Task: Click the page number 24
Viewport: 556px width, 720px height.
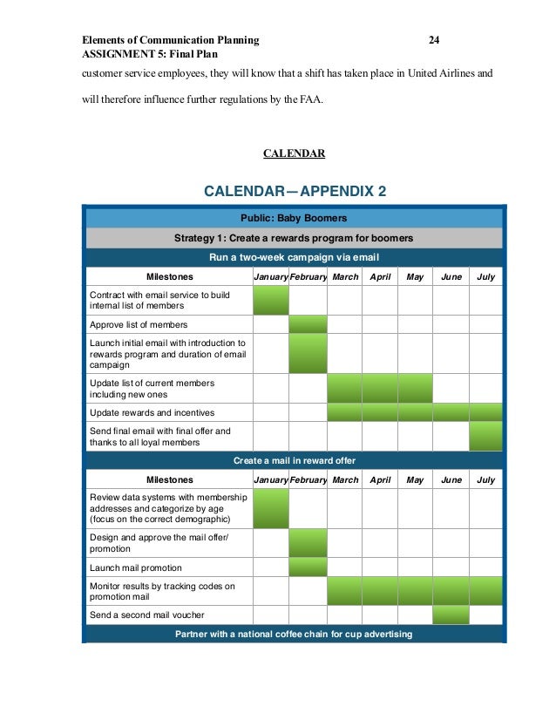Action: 434,40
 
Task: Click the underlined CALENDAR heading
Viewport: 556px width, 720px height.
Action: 295,153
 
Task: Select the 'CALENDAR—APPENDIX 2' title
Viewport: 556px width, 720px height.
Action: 295,191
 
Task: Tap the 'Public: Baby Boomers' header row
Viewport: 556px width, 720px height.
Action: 294,218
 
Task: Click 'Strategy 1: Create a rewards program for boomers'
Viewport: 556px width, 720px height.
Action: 294,238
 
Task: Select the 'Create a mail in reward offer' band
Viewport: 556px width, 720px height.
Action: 294,460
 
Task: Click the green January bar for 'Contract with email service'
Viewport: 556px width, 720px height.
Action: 271,300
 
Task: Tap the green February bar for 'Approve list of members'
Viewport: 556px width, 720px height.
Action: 308,324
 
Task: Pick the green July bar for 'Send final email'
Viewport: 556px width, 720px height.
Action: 486,436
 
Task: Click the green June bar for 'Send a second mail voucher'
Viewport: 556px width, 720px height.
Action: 451,615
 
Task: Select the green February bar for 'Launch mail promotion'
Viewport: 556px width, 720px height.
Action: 308,567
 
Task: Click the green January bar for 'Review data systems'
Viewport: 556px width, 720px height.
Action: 271,508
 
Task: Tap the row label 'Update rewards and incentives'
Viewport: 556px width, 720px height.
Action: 152,412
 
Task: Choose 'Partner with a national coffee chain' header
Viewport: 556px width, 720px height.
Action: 294,634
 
